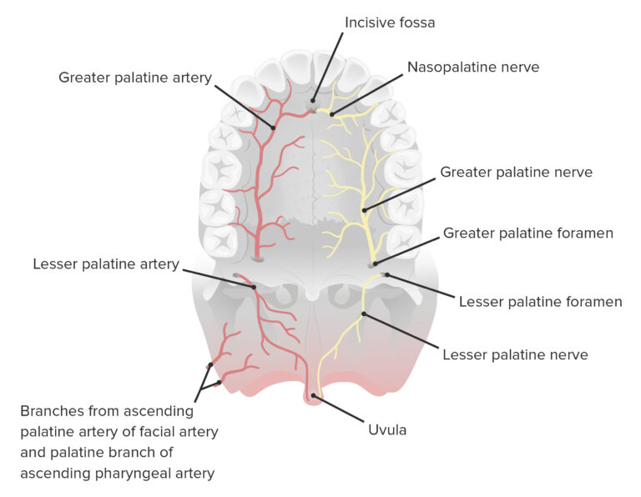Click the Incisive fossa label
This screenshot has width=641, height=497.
point(390,22)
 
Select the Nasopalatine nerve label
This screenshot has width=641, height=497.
point(472,67)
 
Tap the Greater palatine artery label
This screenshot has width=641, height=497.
point(135,78)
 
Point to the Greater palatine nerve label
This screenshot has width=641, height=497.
point(516,173)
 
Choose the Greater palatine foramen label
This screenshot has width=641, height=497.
point(527,233)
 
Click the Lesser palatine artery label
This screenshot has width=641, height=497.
point(106,264)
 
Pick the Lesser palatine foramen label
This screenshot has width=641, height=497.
point(540,301)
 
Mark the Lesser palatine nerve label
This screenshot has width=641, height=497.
point(515,354)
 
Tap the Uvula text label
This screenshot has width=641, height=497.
point(388,430)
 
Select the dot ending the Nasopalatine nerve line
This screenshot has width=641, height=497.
point(332,113)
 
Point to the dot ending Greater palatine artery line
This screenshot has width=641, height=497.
point(272,128)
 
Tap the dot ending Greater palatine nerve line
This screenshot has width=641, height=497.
point(365,209)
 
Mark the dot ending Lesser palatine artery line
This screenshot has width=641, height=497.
point(253,286)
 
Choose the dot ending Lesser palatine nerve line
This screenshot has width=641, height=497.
point(364,314)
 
